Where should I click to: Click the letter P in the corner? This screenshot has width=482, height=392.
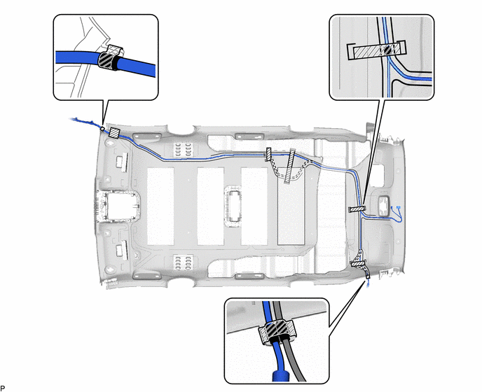click(3, 388)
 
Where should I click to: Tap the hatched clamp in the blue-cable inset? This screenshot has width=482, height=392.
click(110, 57)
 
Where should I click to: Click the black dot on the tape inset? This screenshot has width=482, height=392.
click(388, 50)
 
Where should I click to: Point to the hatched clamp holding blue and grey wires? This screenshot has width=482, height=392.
click(277, 332)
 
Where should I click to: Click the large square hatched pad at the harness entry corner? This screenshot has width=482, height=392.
click(114, 133)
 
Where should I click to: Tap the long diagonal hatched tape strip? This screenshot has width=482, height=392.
click(289, 167)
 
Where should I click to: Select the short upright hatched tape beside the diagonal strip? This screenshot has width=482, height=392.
click(268, 154)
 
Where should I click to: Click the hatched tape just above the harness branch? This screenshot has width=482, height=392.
click(357, 209)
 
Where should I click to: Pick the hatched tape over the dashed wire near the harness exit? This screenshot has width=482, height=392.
click(358, 263)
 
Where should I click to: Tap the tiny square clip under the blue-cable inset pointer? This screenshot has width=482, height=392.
click(102, 129)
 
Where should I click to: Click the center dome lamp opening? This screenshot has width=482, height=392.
click(233, 206)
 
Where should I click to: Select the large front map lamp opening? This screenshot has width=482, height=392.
click(118, 206)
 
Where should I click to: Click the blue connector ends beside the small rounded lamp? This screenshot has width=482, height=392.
click(397, 213)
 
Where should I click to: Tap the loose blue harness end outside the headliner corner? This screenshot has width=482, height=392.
click(81, 121)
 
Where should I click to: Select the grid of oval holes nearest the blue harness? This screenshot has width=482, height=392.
click(182, 148)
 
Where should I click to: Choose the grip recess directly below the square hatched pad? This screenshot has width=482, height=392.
click(120, 162)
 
